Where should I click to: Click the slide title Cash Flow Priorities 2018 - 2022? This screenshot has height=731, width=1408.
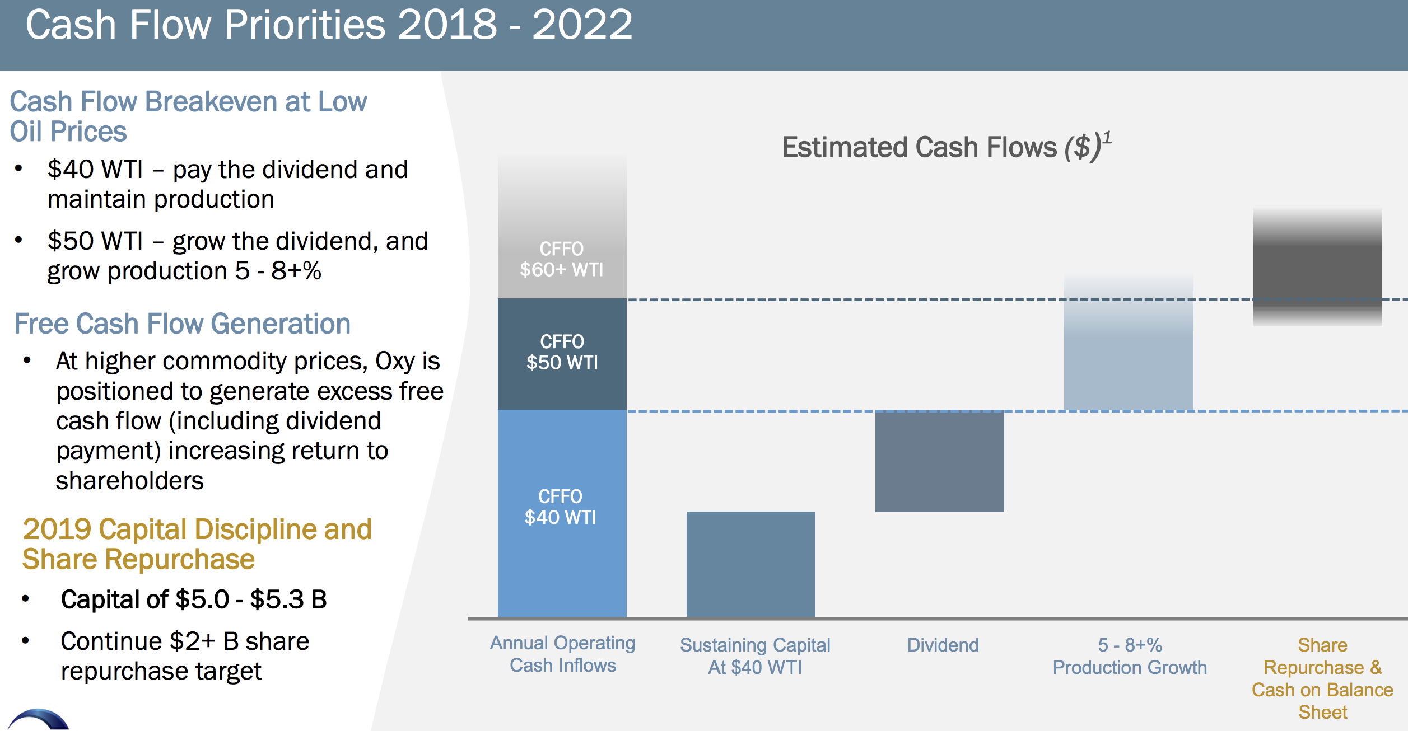click(x=329, y=25)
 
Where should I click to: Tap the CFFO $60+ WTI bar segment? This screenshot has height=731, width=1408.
click(x=562, y=227)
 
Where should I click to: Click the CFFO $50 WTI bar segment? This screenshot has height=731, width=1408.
click(x=562, y=354)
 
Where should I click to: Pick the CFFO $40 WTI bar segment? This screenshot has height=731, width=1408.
click(x=562, y=513)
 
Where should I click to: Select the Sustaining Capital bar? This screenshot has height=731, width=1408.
click(x=751, y=564)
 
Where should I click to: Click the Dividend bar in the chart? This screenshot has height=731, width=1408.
click(x=940, y=461)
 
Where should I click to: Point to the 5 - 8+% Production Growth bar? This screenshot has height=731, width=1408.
click(x=1129, y=343)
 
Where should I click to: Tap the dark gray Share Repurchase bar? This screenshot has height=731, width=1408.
click(x=1317, y=267)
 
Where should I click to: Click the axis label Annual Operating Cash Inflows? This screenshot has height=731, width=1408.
click(x=563, y=654)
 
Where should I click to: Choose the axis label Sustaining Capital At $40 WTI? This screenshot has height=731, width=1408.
click(x=755, y=656)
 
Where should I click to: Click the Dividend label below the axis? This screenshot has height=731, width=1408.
click(x=943, y=645)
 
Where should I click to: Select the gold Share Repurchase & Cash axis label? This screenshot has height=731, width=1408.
click(x=1323, y=678)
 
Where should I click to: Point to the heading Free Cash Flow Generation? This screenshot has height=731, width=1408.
click(x=182, y=324)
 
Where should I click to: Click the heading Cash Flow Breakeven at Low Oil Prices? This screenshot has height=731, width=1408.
click(x=188, y=116)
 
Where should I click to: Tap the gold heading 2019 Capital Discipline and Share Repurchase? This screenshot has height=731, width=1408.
click(x=197, y=544)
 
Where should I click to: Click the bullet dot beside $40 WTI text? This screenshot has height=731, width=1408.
click(x=19, y=168)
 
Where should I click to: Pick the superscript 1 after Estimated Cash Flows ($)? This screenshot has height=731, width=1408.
click(x=1107, y=138)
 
